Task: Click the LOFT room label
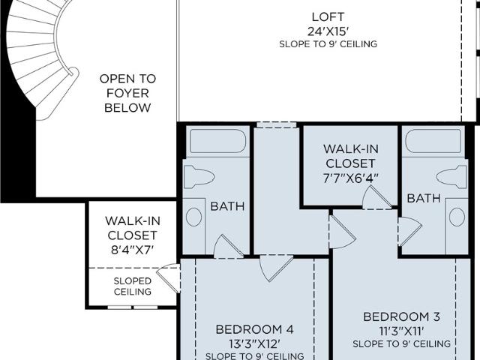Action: pos(328,16)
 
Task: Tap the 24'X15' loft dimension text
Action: pos(328,31)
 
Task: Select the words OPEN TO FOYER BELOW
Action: pos(127,93)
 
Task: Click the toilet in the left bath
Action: pos(199,177)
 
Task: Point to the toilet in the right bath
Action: pos(451,177)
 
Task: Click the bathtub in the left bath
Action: pos(217,141)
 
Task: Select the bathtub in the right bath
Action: pos(433,141)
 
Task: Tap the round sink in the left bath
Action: pos(193,217)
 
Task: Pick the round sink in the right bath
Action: pos(457,217)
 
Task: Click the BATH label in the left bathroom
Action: pos(227,206)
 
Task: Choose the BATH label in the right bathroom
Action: pos(424,198)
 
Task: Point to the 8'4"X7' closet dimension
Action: pos(132,250)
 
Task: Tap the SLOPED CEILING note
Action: pos(133,286)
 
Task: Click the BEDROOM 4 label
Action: pos(255,329)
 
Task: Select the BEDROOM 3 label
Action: pos(402,316)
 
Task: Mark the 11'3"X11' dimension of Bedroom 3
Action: pos(402,331)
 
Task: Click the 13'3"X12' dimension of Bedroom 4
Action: pos(255,343)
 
